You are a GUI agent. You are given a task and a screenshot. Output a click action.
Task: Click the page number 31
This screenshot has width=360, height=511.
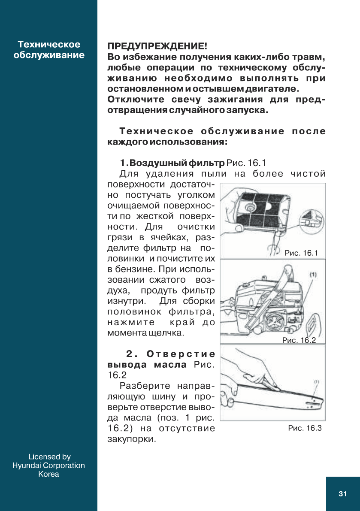pos(342,494)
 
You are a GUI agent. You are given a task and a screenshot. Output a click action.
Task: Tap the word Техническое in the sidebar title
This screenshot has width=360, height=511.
pos(49,45)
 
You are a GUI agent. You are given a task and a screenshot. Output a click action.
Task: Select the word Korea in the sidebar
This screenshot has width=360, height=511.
pos(48,474)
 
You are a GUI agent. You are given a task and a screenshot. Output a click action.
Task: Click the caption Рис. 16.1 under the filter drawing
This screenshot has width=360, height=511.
pos(301,253)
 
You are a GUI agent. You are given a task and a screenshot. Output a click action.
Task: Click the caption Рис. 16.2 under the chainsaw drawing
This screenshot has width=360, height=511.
pos(299,340)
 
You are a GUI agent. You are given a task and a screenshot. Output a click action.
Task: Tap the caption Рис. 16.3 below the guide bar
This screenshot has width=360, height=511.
pos(305,428)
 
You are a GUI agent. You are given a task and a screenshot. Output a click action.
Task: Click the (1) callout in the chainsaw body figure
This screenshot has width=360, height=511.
pos(313,274)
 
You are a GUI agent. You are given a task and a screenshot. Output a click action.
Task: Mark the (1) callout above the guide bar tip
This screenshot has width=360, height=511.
pos(317,381)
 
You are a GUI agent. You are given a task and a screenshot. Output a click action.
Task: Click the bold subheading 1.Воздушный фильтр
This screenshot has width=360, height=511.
pos(172,163)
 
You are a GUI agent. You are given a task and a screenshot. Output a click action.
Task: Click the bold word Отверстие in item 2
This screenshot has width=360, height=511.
pos(180,354)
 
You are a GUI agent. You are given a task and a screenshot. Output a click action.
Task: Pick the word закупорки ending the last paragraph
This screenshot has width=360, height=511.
pos(130,439)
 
